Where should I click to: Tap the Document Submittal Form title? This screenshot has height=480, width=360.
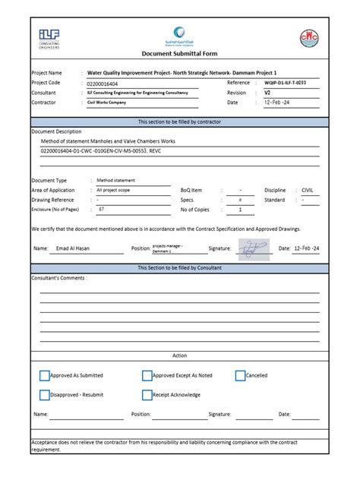click(179, 54)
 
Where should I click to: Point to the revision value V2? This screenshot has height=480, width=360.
click(267, 92)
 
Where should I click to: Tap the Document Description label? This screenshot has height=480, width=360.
click(56, 131)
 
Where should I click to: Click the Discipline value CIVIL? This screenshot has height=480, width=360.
click(308, 190)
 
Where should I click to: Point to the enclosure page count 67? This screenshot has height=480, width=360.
click(101, 209)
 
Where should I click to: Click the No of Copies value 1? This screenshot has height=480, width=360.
click(240, 210)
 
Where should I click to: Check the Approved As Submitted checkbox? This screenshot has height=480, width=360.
click(45, 375)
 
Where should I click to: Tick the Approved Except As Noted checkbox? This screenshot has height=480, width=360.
click(147, 375)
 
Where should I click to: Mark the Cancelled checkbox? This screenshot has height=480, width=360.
click(240, 375)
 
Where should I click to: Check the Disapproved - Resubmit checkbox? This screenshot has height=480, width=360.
click(45, 395)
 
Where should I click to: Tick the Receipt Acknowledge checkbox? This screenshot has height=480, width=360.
click(147, 395)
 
